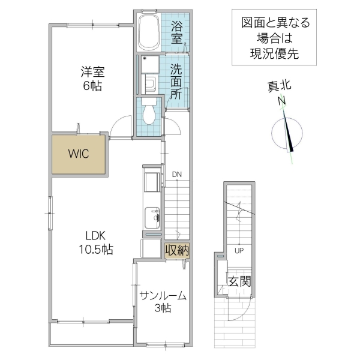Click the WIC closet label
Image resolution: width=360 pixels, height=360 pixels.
coord(78,154)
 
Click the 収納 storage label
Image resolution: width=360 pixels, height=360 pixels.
coord(177,250)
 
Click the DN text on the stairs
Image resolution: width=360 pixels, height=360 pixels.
coord(177,175)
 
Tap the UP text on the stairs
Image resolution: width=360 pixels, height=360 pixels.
coord(239,250)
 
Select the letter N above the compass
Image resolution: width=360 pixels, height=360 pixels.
coord(281,102)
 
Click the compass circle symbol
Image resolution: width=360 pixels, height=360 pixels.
coord(287,134)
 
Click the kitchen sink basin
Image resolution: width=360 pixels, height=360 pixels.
coord(152,215)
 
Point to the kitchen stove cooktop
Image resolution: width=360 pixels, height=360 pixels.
coord(151,181)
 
